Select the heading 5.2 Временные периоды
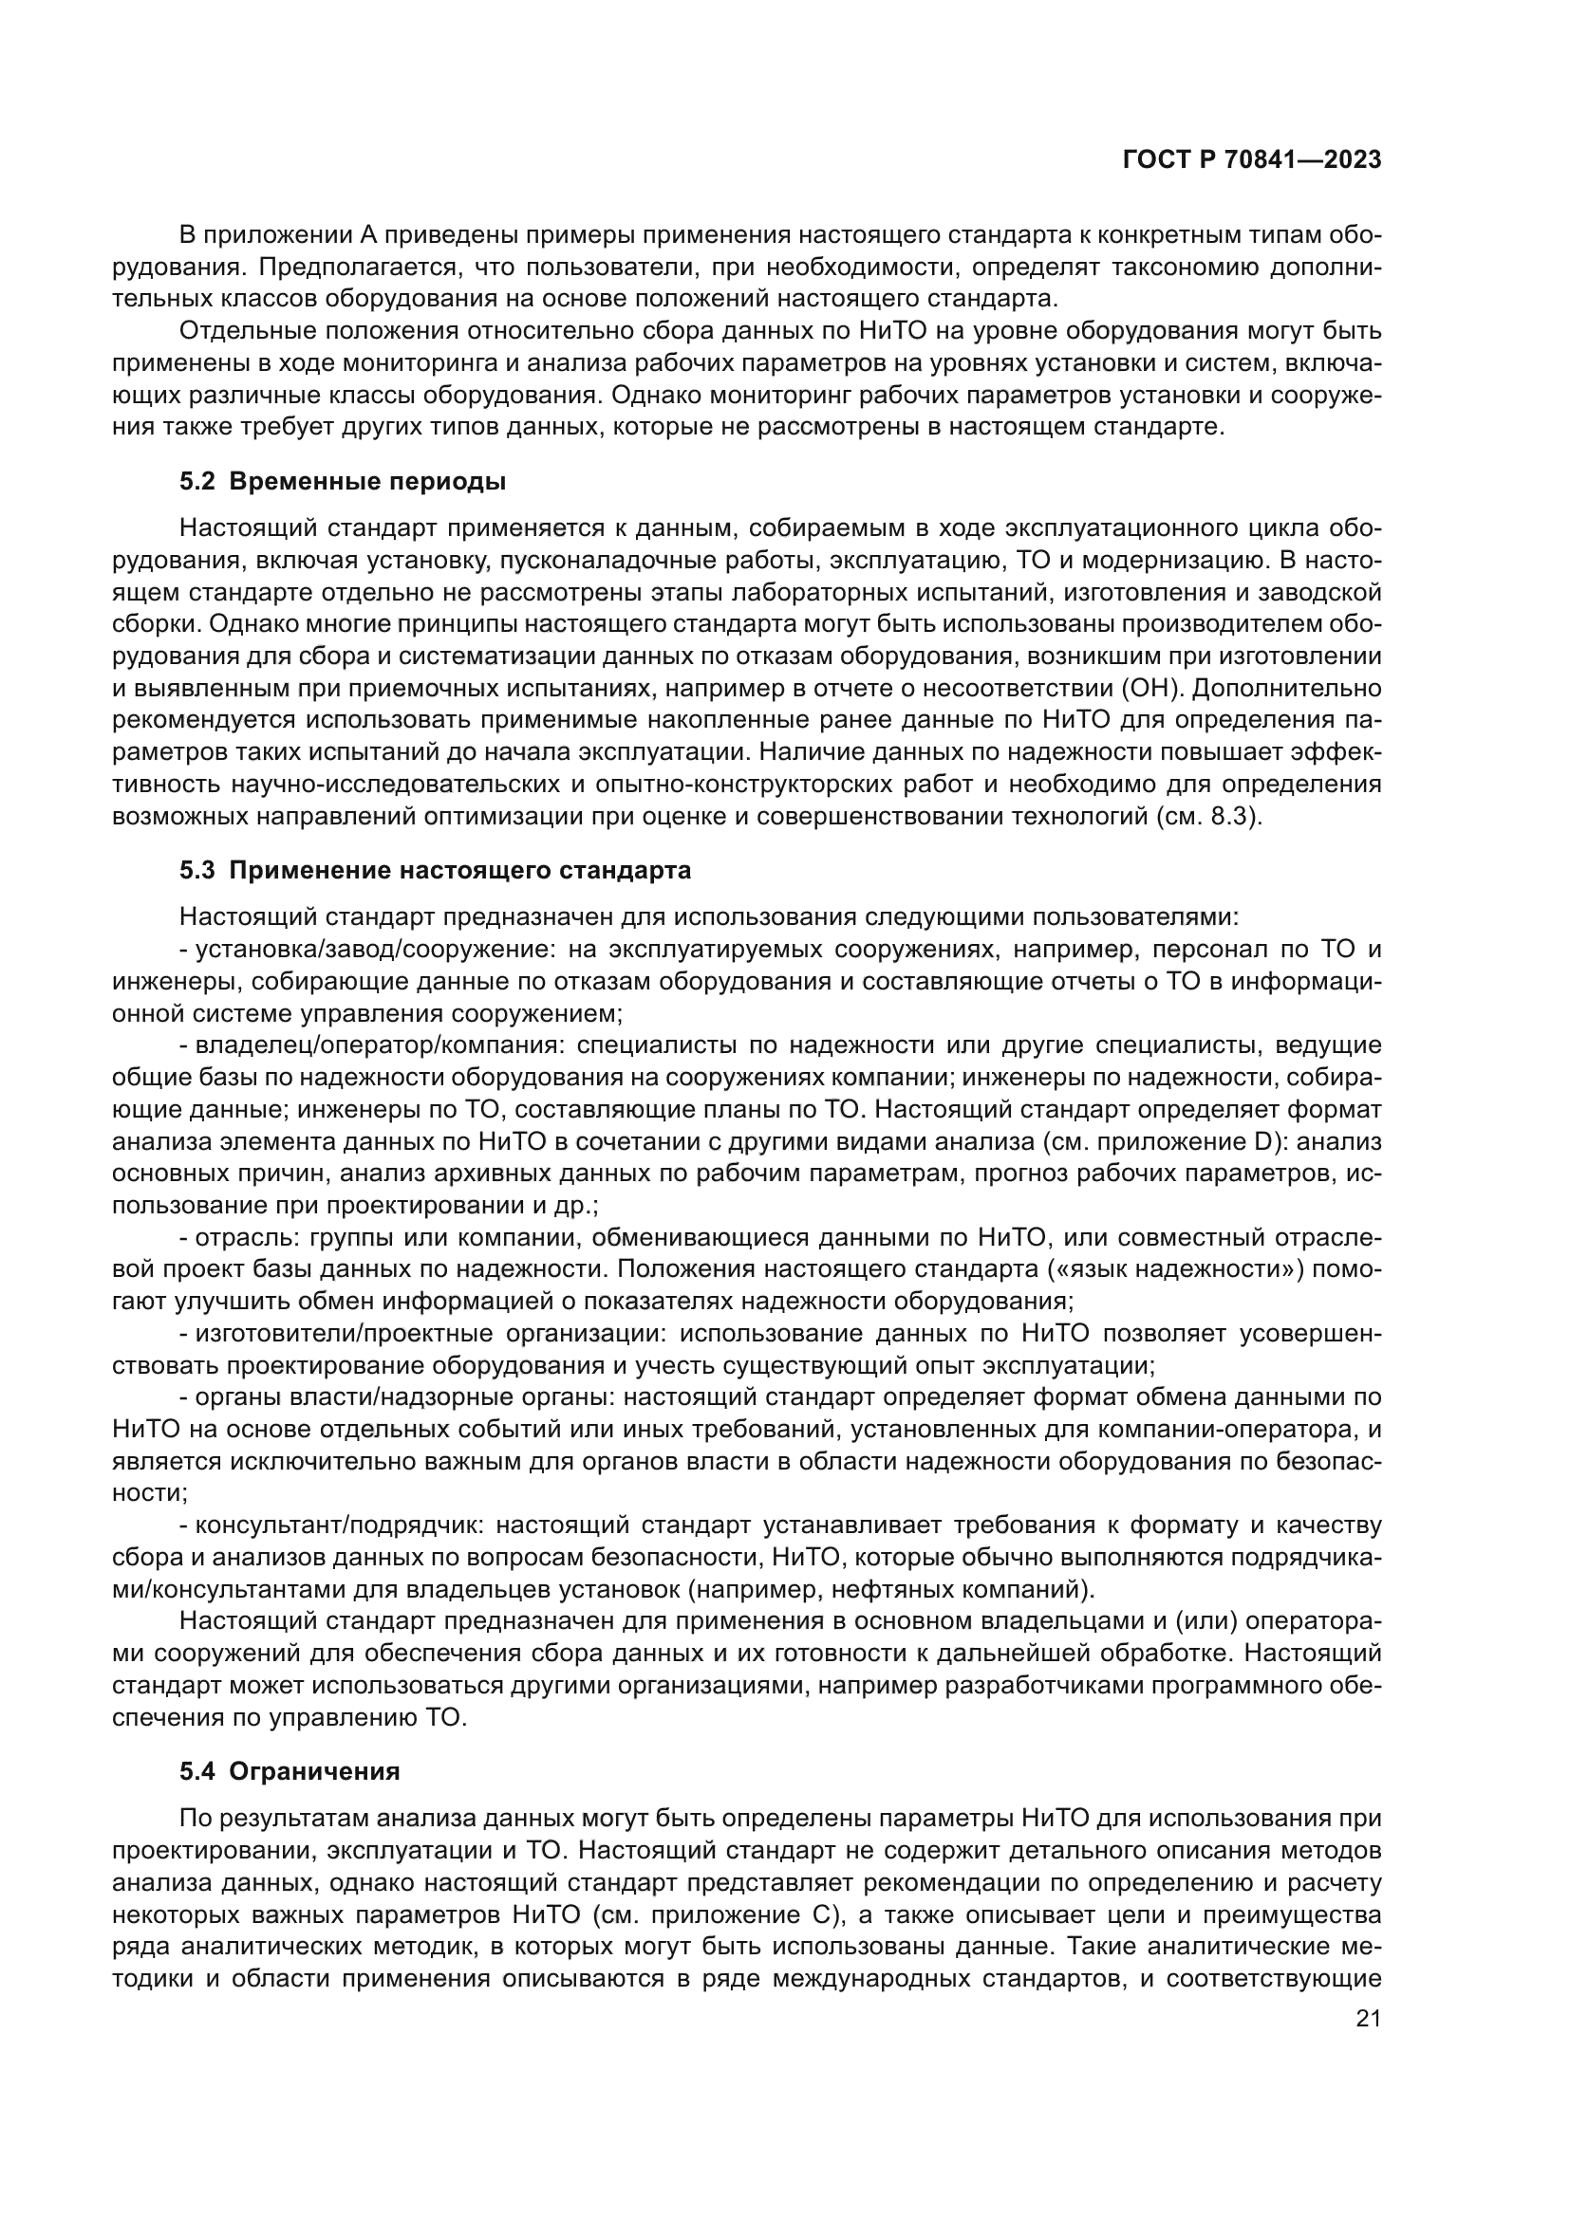click(x=343, y=481)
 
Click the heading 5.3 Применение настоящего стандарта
click(x=435, y=871)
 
